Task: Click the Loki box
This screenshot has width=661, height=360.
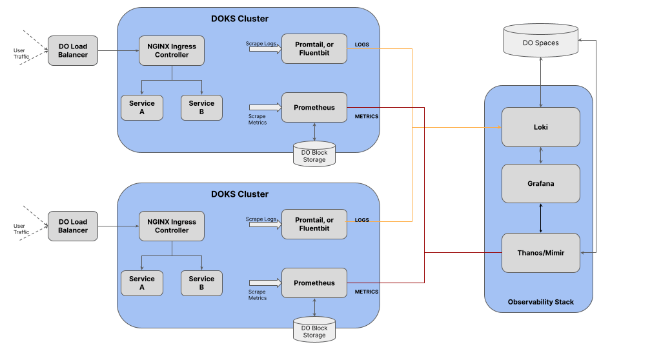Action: click(540, 127)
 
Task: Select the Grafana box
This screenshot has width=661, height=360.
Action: click(540, 183)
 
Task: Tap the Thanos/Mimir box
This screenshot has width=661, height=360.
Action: click(540, 252)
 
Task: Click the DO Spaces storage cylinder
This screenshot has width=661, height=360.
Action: click(540, 41)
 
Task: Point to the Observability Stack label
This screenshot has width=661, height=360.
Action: click(540, 302)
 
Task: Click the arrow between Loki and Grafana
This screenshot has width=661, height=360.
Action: click(541, 155)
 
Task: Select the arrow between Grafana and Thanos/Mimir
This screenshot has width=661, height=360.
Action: click(541, 218)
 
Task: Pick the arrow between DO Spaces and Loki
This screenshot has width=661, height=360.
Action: click(541, 82)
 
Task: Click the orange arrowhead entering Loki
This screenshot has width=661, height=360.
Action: click(500, 127)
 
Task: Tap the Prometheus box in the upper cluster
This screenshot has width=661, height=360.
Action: click(314, 108)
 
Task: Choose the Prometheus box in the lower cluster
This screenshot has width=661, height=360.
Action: click(314, 283)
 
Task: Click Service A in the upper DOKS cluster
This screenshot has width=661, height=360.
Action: click(141, 108)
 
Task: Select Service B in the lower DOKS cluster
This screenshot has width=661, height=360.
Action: click(201, 283)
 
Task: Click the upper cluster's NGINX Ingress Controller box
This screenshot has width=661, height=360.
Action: click(172, 50)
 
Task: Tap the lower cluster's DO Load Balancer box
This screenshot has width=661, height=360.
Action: click(73, 226)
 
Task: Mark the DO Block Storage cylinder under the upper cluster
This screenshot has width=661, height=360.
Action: click(314, 154)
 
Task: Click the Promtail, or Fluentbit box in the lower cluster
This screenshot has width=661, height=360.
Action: click(314, 225)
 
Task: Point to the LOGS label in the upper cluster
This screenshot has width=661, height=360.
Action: click(361, 45)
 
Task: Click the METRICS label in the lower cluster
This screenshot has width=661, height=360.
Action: click(367, 292)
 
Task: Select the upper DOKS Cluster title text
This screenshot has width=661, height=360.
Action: click(240, 19)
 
